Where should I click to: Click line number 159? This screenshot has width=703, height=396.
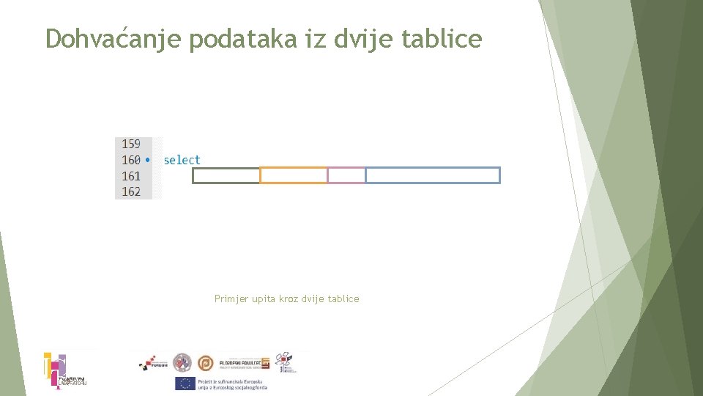[131, 144]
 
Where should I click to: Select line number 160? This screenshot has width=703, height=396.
[131, 160]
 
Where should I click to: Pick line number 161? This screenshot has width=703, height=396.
[131, 176]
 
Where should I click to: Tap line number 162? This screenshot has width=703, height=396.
[131, 191]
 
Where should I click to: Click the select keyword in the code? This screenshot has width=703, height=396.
[182, 160]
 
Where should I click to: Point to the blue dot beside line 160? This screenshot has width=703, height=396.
[148, 160]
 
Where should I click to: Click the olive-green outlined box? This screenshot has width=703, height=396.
[226, 175]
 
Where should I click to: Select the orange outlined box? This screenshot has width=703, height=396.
[294, 175]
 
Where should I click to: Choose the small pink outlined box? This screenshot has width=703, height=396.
[346, 175]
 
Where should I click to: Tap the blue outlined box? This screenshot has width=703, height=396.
[433, 175]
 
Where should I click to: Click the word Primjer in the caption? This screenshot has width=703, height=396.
[231, 299]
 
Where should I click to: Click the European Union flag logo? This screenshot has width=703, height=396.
[185, 383]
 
